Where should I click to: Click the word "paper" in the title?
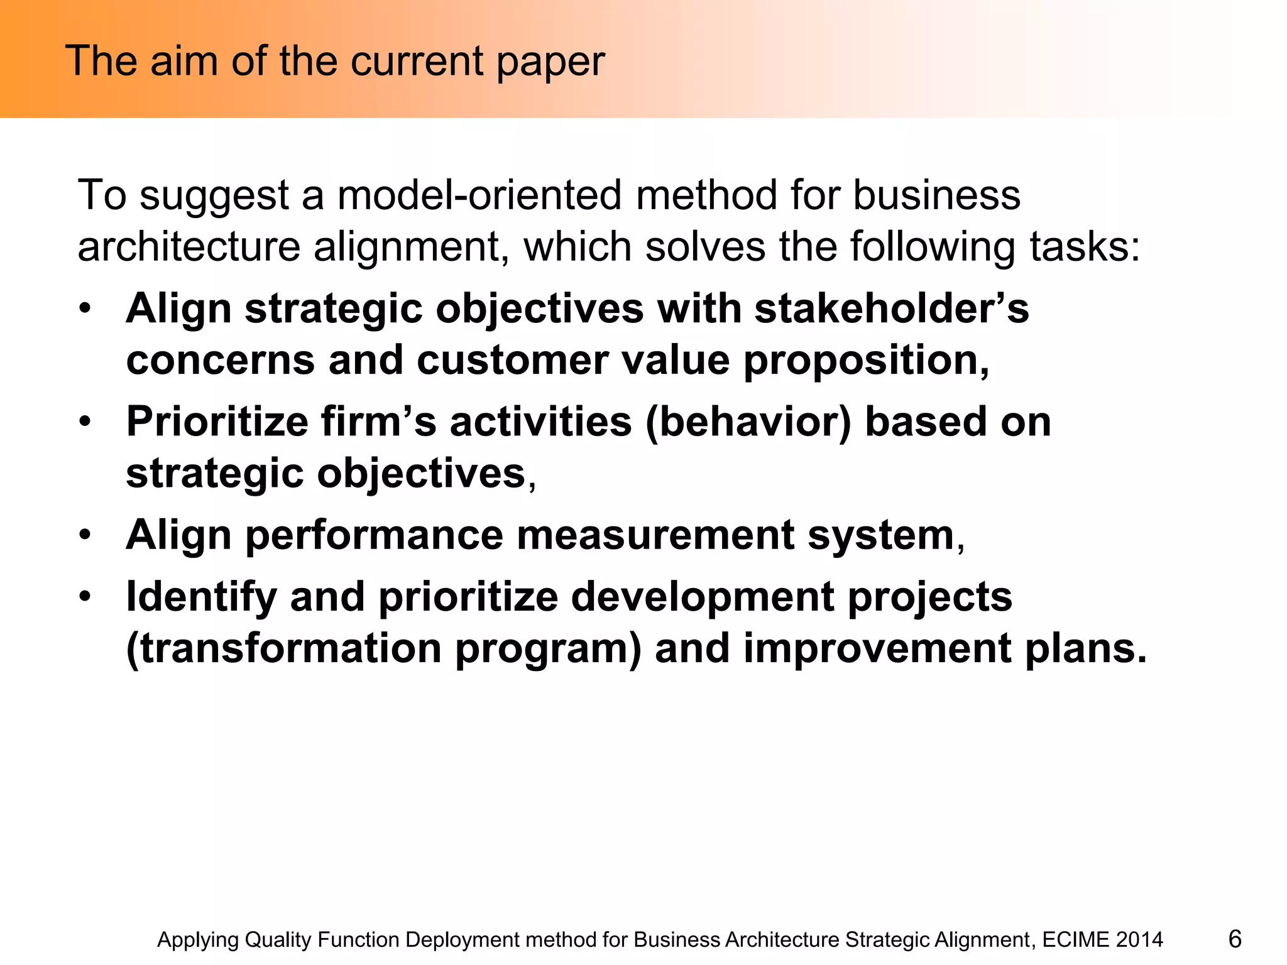click(550, 63)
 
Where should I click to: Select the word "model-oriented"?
click(479, 195)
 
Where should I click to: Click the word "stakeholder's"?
click(891, 309)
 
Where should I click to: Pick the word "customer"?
click(512, 361)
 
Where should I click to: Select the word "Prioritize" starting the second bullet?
click(217, 422)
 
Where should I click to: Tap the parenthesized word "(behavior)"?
click(748, 422)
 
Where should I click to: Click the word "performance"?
click(374, 535)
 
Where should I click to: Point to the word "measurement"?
click(655, 535)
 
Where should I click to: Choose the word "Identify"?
click(201, 597)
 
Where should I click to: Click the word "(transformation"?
click(284, 648)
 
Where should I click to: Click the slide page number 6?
click(1234, 939)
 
